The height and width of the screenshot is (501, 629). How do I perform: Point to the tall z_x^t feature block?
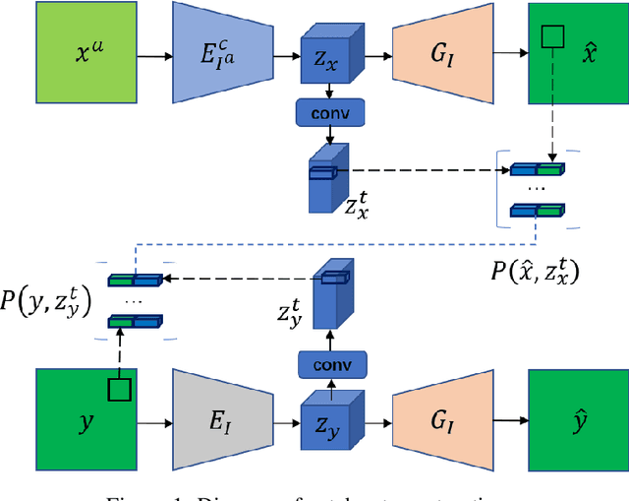click(x=325, y=177)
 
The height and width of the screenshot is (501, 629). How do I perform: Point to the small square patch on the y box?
click(x=118, y=390)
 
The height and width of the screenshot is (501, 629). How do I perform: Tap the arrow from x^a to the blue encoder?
click(x=154, y=55)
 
